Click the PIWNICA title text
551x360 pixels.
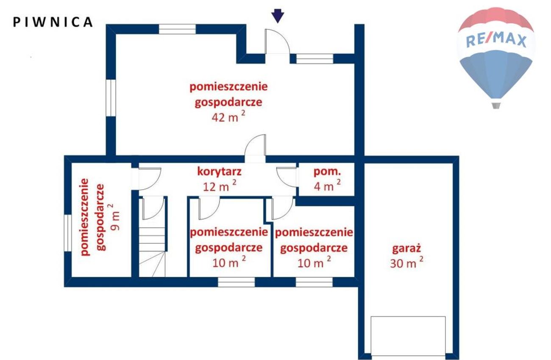click(53, 22)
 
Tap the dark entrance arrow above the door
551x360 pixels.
click(278, 16)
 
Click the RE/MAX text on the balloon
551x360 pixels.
click(496, 41)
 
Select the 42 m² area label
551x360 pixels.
click(228, 117)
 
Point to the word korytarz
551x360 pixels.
click(220, 172)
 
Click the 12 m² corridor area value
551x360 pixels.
click(220, 186)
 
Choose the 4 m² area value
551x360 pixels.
click(327, 186)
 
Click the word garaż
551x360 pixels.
click(406, 249)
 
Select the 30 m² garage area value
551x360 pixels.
click(406, 263)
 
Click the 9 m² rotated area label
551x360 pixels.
click(115, 217)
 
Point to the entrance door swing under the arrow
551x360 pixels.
click(277, 41)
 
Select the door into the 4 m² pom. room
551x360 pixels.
click(287, 177)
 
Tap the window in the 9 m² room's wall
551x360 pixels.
click(68, 233)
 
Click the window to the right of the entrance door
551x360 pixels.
click(314, 59)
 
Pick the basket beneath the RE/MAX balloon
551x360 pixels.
click(496, 105)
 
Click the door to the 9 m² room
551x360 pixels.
click(150, 179)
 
